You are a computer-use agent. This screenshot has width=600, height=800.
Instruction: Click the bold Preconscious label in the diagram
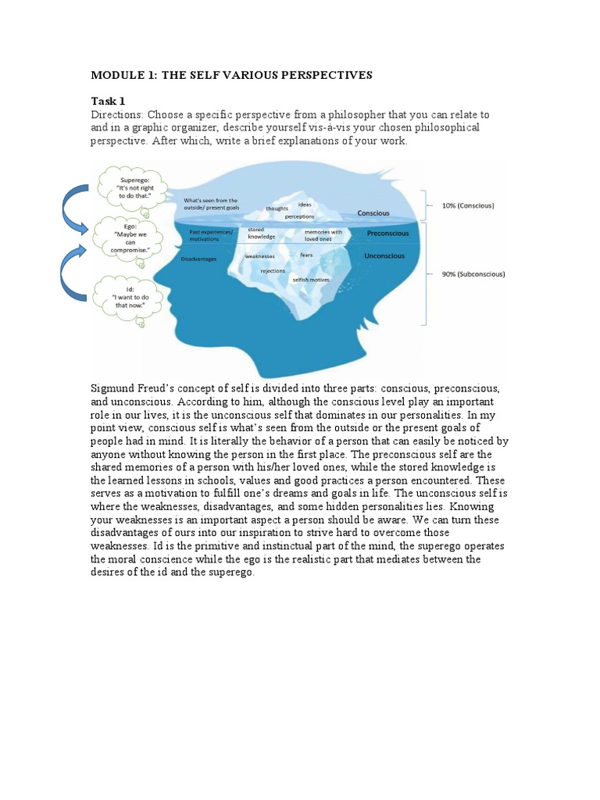[388, 232]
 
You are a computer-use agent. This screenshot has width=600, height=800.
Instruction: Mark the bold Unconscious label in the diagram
[384, 255]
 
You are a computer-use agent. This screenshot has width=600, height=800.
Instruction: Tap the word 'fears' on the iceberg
[306, 255]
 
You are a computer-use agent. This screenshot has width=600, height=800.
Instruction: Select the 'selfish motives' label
[311, 280]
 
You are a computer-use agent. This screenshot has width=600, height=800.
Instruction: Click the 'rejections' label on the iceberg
[273, 270]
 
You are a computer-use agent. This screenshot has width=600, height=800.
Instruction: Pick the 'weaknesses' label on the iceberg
[259, 255]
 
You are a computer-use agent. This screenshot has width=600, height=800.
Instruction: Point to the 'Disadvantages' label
[198, 259]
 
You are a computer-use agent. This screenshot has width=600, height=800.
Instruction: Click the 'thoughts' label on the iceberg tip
[277, 209]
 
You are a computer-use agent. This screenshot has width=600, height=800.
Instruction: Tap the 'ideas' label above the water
[304, 204]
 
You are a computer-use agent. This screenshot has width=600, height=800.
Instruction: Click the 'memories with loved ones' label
[323, 234]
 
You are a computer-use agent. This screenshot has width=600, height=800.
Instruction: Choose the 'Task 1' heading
[108, 102]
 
